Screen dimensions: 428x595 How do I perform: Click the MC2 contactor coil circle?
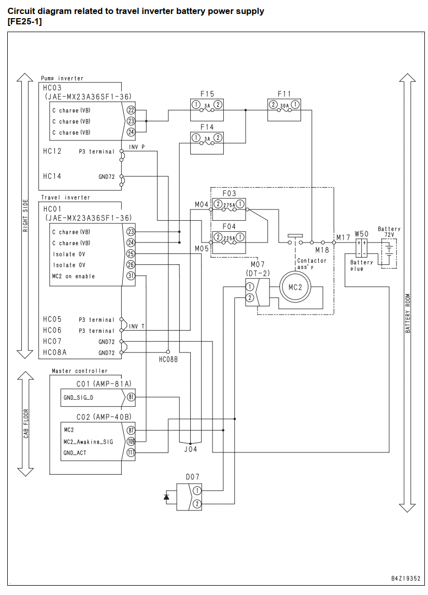tap(295, 287)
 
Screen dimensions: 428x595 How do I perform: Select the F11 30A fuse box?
tap(284, 110)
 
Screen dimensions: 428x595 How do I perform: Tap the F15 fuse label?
tap(207, 94)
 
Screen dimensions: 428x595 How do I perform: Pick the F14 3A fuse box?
tap(207, 143)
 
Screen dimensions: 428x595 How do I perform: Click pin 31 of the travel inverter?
tap(131, 276)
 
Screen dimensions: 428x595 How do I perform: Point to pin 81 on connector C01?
tap(131, 398)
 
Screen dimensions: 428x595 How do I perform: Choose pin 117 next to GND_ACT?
tap(131, 452)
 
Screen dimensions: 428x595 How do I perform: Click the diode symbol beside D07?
tap(166, 497)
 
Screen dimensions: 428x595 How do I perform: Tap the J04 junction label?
tap(191, 449)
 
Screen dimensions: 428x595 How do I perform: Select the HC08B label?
tap(168, 359)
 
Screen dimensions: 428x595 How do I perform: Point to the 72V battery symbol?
tap(389, 253)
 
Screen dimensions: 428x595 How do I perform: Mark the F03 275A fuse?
tap(229, 209)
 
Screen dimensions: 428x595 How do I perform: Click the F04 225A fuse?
tap(229, 242)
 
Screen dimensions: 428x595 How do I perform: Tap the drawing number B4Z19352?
tap(406, 578)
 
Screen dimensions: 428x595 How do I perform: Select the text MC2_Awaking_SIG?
tap(88, 442)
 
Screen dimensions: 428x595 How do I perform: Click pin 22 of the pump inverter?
tap(131, 110)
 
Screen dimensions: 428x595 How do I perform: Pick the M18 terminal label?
tap(322, 250)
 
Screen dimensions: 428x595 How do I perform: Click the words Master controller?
tap(80, 371)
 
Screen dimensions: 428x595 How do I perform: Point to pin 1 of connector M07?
tap(250, 287)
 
